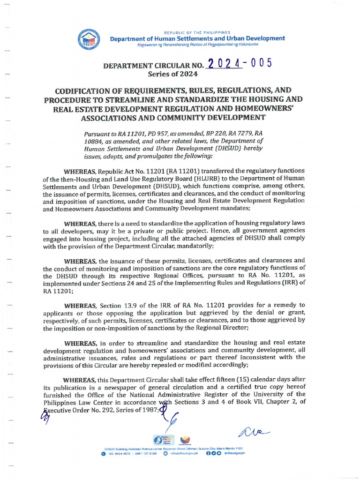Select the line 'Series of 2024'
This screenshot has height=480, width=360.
[173, 74]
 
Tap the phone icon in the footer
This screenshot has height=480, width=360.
[103, 453]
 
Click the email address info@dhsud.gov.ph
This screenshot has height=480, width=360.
[185, 453]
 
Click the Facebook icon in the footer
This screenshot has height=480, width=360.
[208, 453]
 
